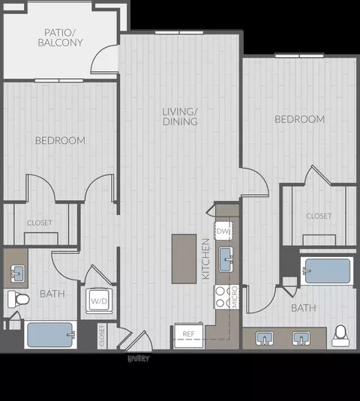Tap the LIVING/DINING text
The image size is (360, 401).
pyautogui.click(x=180, y=116)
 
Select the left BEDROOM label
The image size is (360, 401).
pyautogui.click(x=60, y=140)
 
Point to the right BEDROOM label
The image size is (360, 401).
pyautogui.click(x=299, y=119)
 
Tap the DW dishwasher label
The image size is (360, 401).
pyautogui.click(x=223, y=232)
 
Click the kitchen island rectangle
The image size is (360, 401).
pyautogui.click(x=184, y=259)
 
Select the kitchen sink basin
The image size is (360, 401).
pyautogui.click(x=225, y=262)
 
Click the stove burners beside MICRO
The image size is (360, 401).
pyautogui.click(x=222, y=296)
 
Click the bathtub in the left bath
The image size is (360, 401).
pyautogui.click(x=50, y=334)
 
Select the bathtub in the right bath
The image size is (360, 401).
pyautogui.click(x=326, y=271)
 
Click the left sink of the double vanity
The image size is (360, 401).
pyautogui.click(x=265, y=339)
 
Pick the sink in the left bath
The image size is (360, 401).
pyautogui.click(x=16, y=272)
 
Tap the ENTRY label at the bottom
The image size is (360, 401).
pyautogui.click(x=138, y=359)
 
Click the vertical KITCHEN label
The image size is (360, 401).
pyautogui.click(x=205, y=259)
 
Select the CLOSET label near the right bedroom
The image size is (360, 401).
pyautogui.click(x=318, y=216)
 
